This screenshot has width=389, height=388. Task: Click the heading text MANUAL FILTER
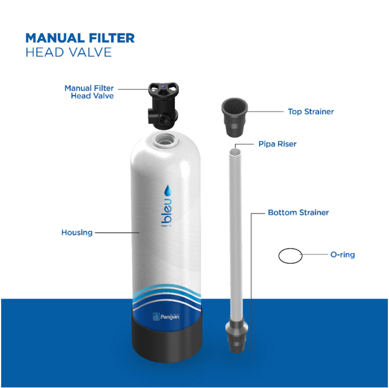(80, 38)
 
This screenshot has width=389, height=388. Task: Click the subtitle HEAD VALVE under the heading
(69, 52)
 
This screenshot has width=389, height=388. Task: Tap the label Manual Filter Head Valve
(89, 92)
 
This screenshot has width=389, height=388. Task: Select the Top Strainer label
(311, 112)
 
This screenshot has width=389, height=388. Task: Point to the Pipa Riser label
(277, 144)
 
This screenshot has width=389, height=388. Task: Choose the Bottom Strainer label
(298, 212)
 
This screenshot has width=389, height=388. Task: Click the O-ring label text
(343, 255)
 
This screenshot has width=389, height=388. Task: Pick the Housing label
(77, 232)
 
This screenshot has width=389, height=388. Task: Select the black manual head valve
(163, 106)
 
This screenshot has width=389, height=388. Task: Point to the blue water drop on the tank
(168, 191)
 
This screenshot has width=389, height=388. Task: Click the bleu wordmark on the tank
(167, 211)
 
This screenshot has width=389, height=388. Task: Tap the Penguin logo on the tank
(166, 316)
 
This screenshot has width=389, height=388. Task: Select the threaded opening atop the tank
(165, 140)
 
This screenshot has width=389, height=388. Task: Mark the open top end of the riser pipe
(235, 152)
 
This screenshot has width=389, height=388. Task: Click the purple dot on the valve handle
(163, 86)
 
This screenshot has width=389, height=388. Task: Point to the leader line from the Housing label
(117, 233)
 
